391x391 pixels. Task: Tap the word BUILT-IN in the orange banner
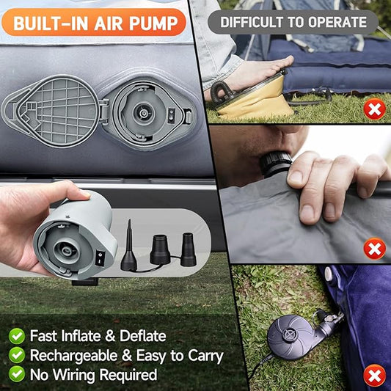point(50,23)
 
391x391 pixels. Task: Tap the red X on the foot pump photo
point(375,111)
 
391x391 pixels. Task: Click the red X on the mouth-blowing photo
point(375,249)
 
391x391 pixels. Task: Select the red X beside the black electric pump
point(375,376)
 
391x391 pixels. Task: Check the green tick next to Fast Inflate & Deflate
point(16,336)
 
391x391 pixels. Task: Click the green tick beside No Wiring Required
point(16,374)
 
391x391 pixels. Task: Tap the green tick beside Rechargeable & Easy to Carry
point(16,355)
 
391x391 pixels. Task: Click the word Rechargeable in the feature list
point(74,356)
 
